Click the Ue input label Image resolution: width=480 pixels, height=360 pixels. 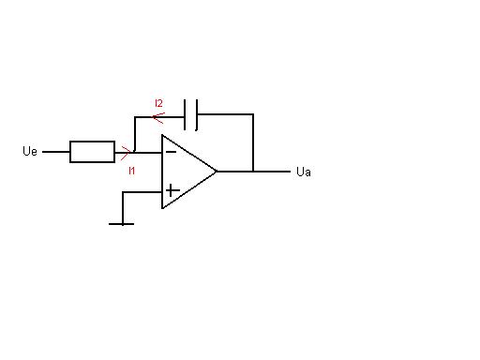(x=30, y=151)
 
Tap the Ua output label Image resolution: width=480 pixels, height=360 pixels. (x=304, y=172)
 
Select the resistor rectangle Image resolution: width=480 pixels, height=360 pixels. (x=92, y=152)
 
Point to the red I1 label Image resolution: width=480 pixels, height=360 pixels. (x=131, y=171)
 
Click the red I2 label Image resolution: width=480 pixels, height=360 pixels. (x=158, y=103)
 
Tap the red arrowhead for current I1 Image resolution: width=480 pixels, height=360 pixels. (x=126, y=153)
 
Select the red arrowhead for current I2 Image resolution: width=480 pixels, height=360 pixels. (x=158, y=117)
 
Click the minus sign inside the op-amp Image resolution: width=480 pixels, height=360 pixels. (x=171, y=152)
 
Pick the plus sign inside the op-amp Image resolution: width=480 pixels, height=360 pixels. (x=172, y=190)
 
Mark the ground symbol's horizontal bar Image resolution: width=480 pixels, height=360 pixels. (x=121, y=224)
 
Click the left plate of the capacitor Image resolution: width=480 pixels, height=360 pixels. (x=185, y=114)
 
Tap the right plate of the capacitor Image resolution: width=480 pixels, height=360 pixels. (x=197, y=114)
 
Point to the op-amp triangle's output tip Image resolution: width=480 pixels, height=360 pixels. (x=217, y=172)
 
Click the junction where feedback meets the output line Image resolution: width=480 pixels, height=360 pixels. (x=253, y=172)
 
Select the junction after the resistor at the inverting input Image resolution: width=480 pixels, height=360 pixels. (x=134, y=152)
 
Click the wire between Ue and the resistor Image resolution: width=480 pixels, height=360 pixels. (x=56, y=152)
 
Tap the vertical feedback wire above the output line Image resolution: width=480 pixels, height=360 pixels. (x=253, y=142)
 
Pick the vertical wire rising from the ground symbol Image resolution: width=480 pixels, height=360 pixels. (x=123, y=208)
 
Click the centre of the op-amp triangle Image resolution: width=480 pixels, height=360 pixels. (x=185, y=172)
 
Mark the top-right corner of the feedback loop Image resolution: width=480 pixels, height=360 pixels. (x=253, y=114)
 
